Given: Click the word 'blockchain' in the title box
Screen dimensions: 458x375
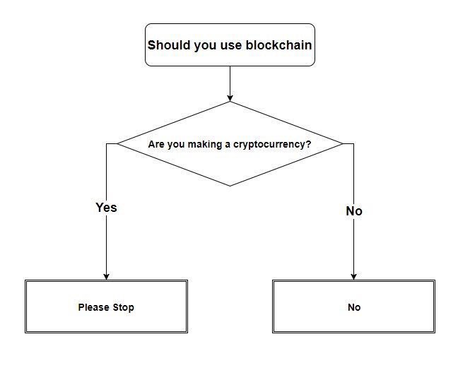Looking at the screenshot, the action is coord(278,45).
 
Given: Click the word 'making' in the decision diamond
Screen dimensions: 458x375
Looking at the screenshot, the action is coord(205,144).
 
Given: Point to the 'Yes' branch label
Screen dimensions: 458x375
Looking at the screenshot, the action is coord(106,208).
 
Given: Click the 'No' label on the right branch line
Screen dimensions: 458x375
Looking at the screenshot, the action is coord(354,211).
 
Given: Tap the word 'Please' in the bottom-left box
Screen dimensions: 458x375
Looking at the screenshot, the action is coord(94,307).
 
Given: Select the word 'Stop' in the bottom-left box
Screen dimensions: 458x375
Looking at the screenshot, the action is coord(124,307).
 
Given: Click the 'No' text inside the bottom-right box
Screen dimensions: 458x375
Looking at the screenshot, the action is coord(354,307).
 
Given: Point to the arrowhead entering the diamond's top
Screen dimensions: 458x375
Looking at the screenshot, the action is coord(230,98).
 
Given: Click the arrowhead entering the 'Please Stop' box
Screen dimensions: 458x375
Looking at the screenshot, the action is coord(106,277).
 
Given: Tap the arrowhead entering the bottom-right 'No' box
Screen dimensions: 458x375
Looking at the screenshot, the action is coord(353,277).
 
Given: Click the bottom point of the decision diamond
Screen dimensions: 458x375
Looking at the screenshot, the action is coord(230,186).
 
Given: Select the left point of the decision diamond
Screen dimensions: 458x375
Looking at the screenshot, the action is coord(117,143).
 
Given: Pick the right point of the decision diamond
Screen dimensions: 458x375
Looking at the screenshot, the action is coord(343,143).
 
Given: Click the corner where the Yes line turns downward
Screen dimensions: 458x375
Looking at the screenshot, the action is coord(106,143).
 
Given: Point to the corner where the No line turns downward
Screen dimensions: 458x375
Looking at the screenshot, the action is coord(353,143).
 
